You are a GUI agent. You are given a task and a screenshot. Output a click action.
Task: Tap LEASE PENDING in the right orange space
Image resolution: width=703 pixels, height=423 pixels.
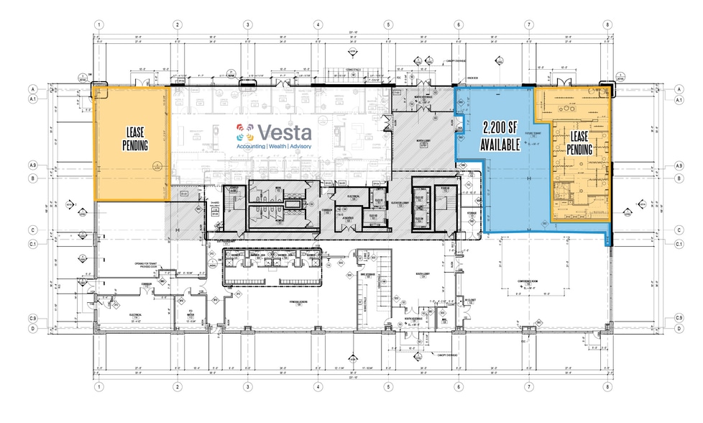580,142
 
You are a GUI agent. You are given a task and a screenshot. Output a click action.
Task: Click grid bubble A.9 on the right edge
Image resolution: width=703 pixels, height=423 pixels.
679,166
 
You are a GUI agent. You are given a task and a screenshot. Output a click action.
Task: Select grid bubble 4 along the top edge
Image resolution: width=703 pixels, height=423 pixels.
317,24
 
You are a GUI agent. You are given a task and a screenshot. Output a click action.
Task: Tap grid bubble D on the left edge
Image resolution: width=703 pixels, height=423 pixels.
33,329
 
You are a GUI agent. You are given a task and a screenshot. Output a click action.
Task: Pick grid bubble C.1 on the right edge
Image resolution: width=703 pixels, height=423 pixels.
679,244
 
